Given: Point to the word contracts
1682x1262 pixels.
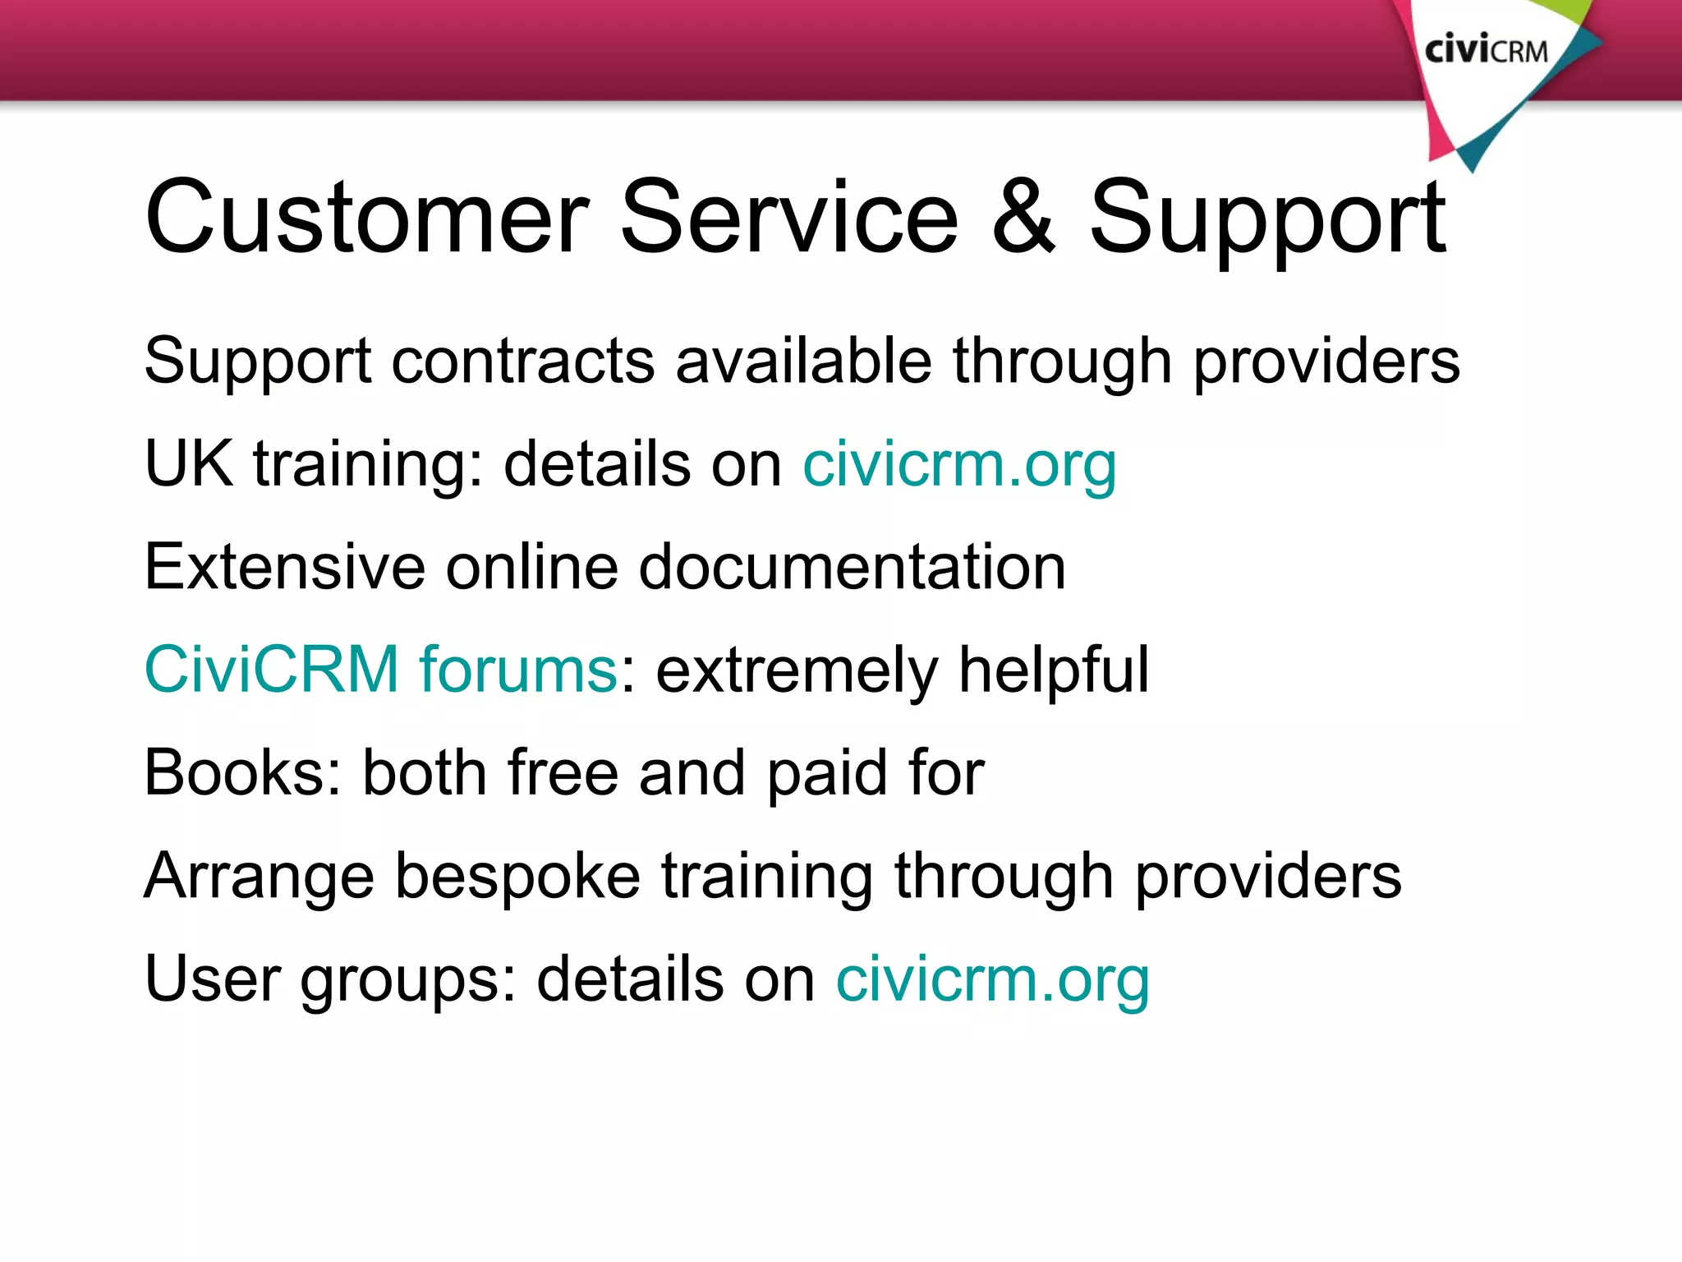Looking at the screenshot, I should coord(523,361).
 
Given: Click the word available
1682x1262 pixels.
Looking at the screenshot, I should coord(803,361).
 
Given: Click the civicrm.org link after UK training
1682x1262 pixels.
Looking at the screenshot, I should coord(959,465).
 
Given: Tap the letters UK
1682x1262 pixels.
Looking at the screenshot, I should coord(188,463).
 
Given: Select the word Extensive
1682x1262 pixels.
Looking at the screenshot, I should coord(284,567).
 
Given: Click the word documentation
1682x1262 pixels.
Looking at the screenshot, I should coord(852,567).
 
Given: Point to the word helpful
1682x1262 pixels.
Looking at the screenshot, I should coord(1054,670).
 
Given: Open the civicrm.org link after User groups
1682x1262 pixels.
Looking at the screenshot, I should coord(992,980).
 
